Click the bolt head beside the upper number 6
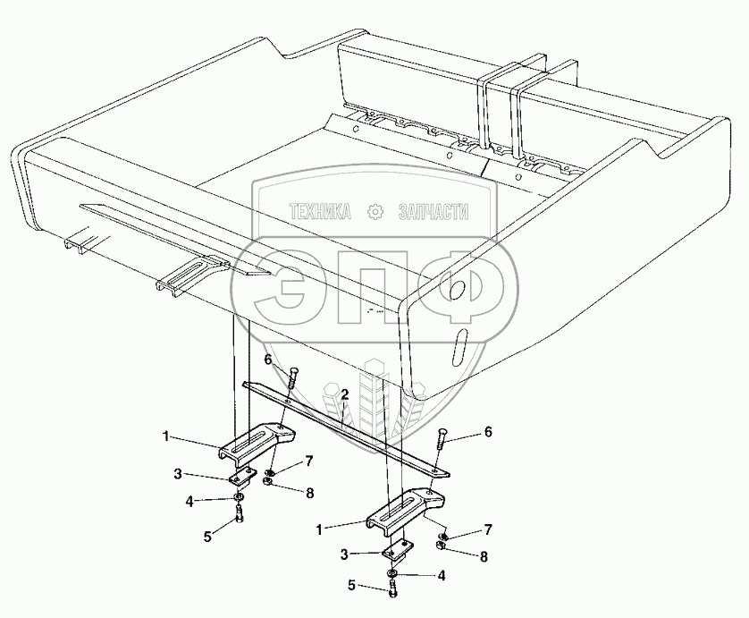(291, 373)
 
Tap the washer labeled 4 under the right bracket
(392, 572)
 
